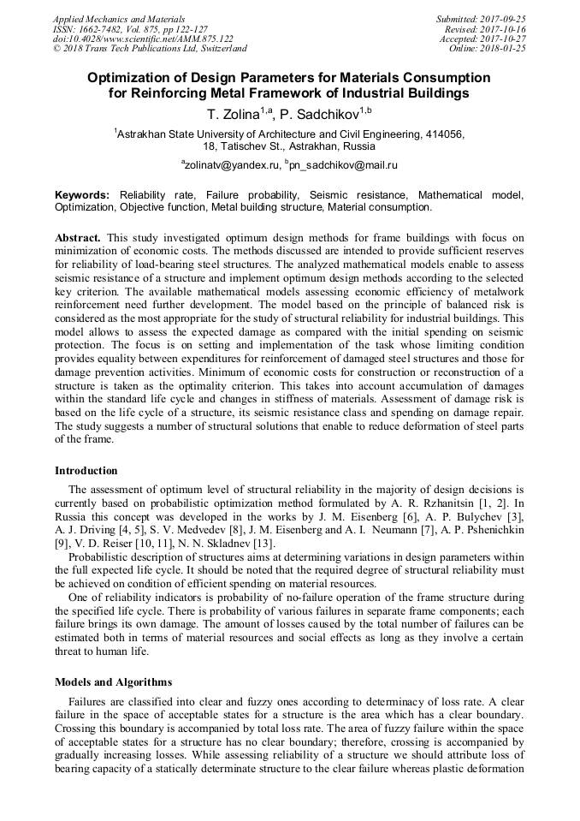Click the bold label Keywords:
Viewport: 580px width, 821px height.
82,195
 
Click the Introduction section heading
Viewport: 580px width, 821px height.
86,470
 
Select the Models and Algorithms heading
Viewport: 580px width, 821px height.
113,682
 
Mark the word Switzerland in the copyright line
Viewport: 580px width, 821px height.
218,49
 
